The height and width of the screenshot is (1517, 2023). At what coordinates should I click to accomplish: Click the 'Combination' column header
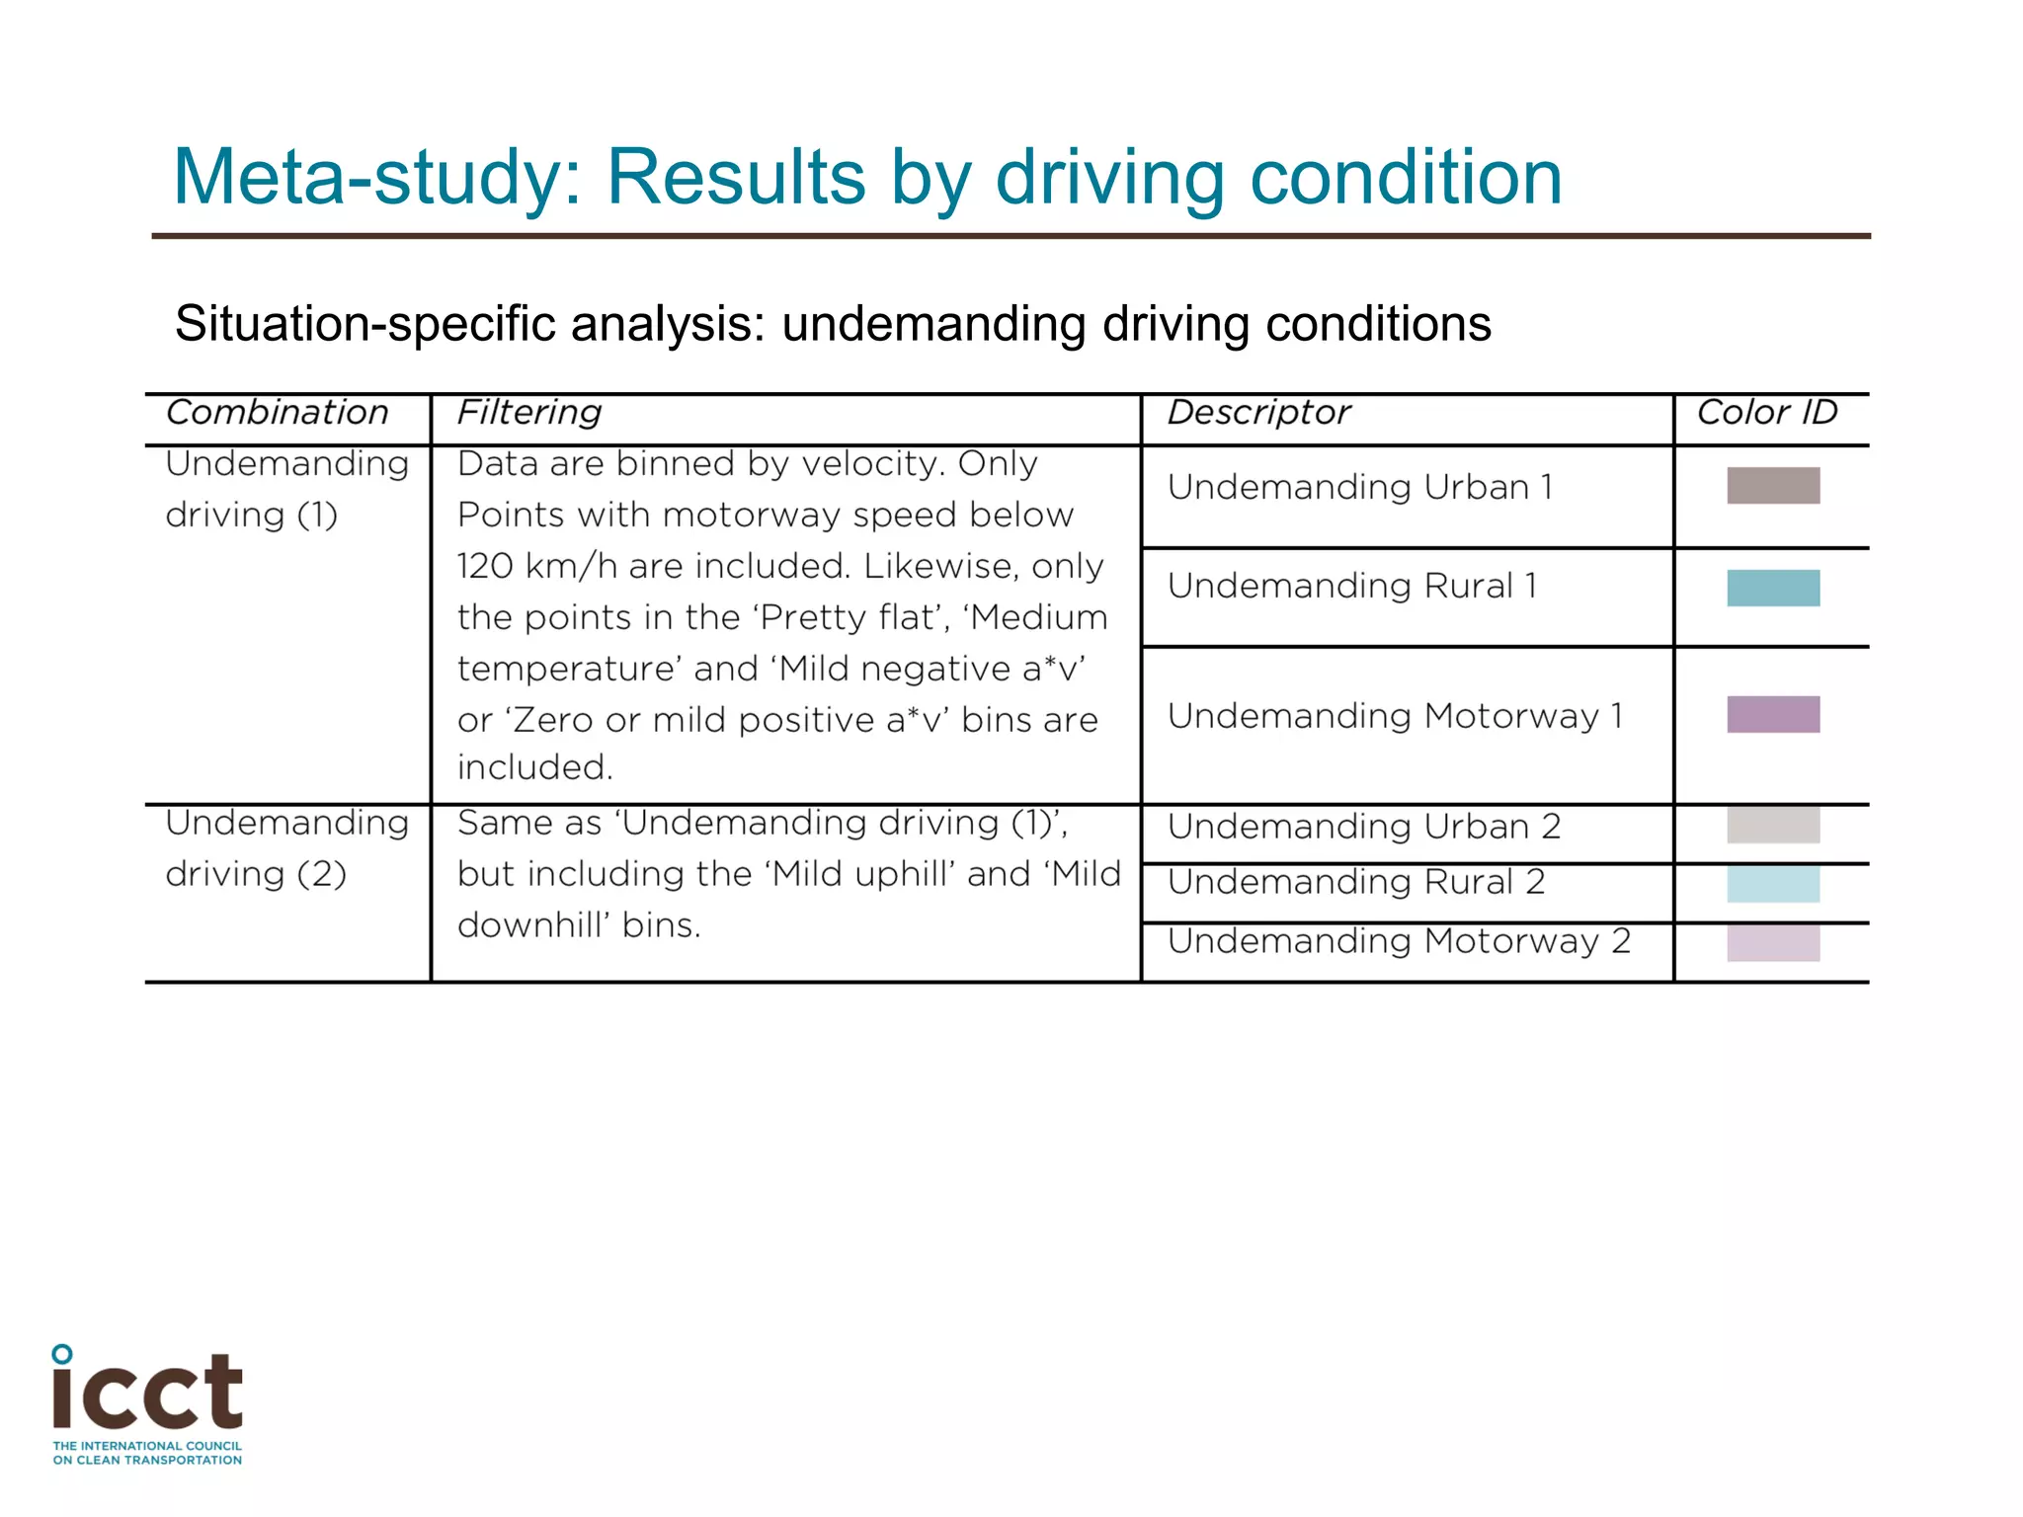point(278,413)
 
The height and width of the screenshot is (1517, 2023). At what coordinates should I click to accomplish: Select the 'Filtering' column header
point(529,413)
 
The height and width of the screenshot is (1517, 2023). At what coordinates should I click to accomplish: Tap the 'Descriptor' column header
point(1258,413)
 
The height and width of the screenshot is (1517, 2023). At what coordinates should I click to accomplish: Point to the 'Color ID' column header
point(1767,413)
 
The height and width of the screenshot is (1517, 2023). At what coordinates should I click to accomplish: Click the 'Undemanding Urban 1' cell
point(1360,488)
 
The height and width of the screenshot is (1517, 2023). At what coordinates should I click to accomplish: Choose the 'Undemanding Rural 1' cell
point(1352,587)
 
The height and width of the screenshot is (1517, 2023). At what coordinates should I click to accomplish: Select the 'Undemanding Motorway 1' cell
point(1395,717)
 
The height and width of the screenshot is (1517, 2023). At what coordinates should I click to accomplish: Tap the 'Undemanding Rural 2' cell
point(1356,883)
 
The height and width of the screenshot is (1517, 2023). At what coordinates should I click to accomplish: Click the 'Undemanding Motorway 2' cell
point(1399,942)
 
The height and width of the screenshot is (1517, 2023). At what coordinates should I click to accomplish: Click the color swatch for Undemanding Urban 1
point(1773,486)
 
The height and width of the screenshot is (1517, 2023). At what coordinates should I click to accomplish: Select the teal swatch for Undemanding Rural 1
point(1773,589)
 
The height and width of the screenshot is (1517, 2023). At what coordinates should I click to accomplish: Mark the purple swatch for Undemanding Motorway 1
point(1773,715)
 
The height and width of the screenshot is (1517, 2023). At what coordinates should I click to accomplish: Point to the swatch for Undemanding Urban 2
point(1773,826)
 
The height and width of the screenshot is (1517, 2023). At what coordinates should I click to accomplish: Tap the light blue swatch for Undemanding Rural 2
point(1773,885)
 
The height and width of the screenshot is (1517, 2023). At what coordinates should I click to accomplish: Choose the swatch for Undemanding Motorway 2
point(1773,944)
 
